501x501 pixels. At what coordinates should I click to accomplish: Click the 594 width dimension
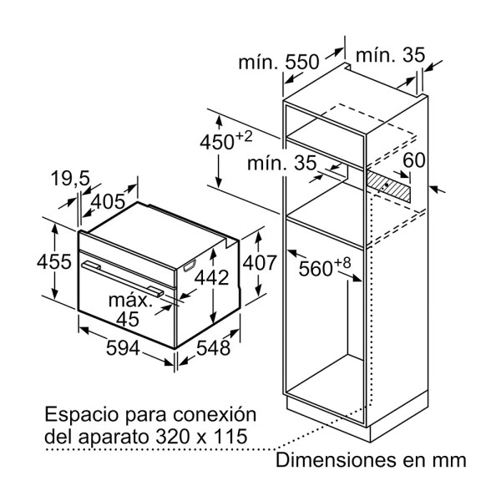pos(123,348)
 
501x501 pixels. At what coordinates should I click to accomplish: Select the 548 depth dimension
pos(213,348)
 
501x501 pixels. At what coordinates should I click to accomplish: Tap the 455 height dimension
pos(54,261)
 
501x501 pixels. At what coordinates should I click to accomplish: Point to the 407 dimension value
pos(260,263)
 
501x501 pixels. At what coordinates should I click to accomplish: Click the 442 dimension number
pos(212,277)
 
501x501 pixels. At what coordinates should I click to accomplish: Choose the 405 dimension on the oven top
pos(108,201)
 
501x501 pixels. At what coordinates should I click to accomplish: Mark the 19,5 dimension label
pos(70,178)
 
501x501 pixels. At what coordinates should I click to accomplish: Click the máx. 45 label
pos(129,310)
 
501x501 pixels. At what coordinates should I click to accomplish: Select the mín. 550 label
pos(279,62)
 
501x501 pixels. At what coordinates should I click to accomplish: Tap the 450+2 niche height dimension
pos(226,141)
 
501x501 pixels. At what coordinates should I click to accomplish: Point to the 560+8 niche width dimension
pos(325,267)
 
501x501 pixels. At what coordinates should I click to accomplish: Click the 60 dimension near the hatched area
pos(414,160)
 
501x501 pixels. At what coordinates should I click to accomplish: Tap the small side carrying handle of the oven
pos(190,266)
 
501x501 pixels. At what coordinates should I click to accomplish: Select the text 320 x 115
pos(201,437)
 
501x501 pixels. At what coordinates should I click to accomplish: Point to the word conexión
pos(215,414)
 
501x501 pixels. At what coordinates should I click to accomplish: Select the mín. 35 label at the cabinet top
pos(390,55)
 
